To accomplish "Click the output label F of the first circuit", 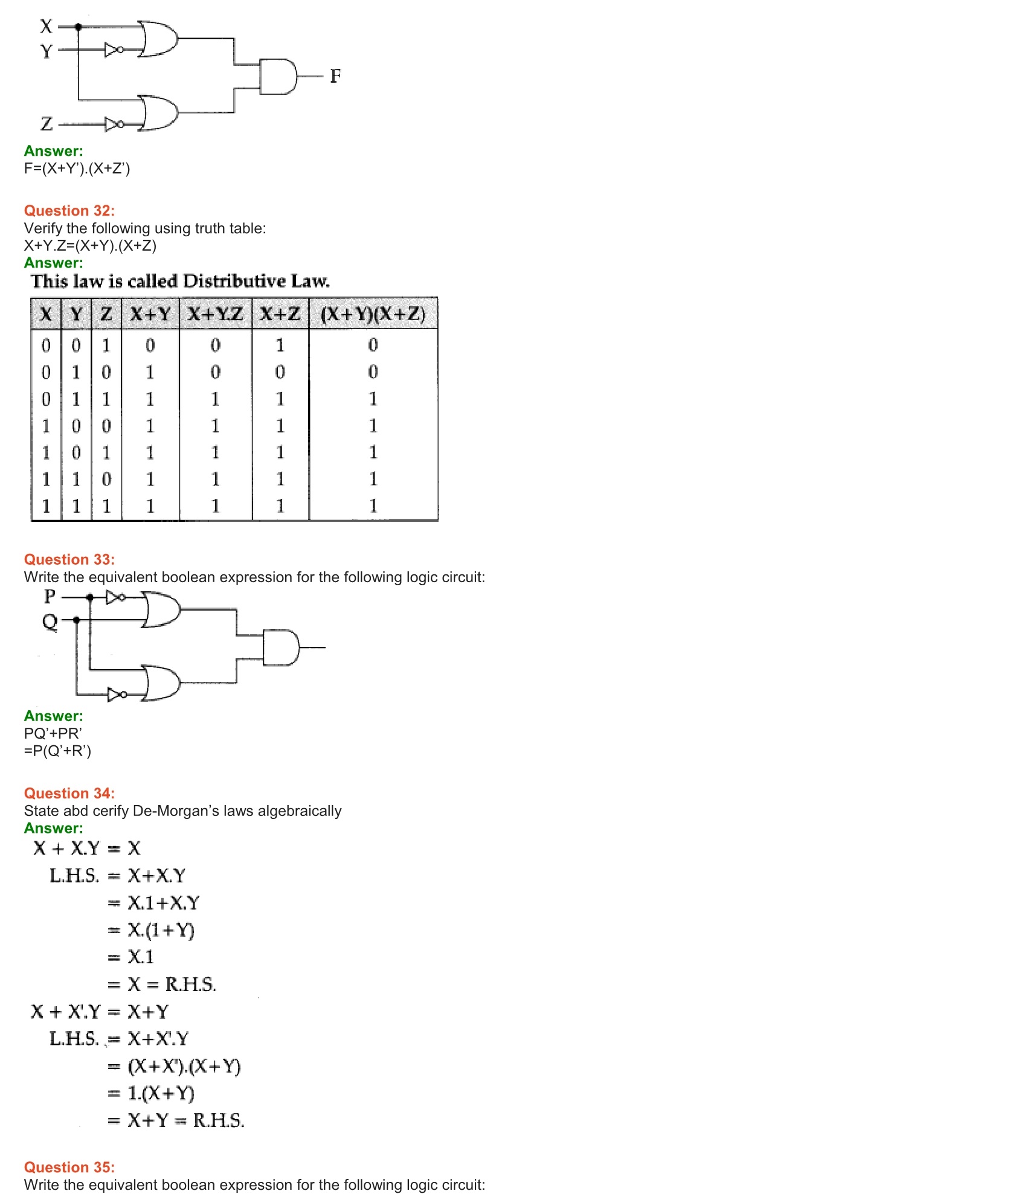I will (x=335, y=76).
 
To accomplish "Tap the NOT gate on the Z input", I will (x=114, y=124).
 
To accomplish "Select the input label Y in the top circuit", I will (x=47, y=51).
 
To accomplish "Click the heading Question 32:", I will (x=69, y=211).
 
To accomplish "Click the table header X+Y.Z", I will (x=215, y=314).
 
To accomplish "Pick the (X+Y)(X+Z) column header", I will (x=373, y=314).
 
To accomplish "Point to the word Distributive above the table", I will (x=234, y=281).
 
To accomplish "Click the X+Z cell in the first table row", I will (x=280, y=345).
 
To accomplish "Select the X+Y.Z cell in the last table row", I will (x=215, y=506).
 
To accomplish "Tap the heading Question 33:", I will (x=69, y=559).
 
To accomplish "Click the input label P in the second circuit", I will (x=50, y=597).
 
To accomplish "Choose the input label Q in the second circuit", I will (x=50, y=621).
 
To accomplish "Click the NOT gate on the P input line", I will (x=115, y=597).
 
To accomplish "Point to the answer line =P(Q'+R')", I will (x=57, y=751).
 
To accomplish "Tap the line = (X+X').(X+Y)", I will (x=175, y=1066).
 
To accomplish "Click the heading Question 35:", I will (x=69, y=1167).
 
